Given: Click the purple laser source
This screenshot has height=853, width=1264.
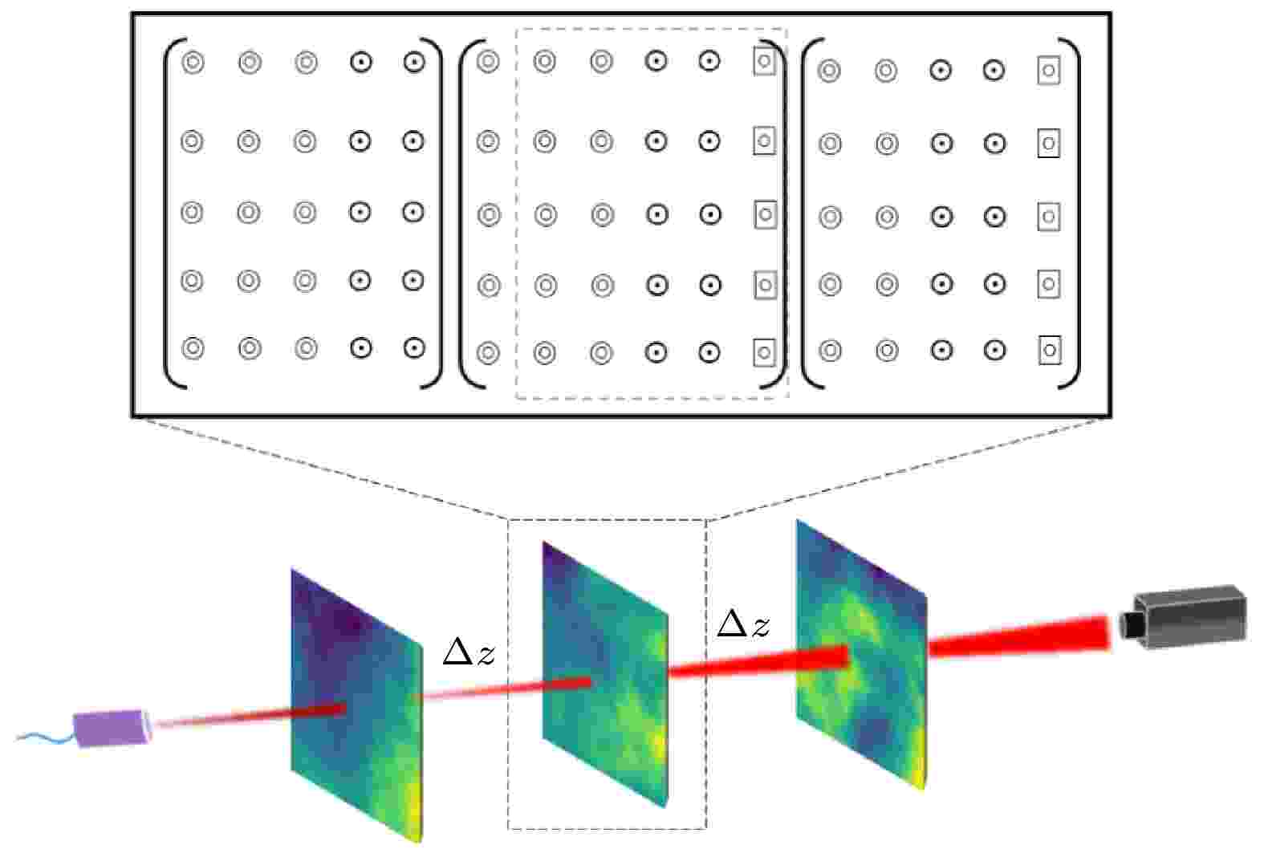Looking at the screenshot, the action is (112, 728).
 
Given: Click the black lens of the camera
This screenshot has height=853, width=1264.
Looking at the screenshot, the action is (1128, 625).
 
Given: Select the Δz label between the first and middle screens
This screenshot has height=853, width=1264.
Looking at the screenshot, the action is (469, 652).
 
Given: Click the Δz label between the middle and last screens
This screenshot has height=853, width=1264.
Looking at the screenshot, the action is (742, 624).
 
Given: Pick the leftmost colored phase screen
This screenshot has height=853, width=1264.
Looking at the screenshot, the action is (356, 705).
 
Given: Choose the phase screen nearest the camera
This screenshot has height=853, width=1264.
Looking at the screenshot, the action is (861, 655).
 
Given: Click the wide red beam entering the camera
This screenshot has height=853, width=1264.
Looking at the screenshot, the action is (1019, 637).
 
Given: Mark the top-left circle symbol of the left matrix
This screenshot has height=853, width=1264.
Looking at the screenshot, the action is (193, 62).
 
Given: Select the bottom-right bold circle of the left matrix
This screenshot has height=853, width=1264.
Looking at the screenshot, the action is (414, 348).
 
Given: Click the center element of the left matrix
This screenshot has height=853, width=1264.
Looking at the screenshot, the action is (305, 213).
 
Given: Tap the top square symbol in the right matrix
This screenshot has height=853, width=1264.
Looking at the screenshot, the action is (1049, 71).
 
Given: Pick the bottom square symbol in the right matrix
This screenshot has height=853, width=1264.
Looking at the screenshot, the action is (1050, 351).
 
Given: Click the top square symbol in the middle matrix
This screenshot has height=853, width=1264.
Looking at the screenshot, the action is (765, 61).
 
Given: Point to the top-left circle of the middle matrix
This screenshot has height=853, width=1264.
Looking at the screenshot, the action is (488, 61).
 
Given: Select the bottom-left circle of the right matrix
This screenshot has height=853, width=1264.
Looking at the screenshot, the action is (830, 351).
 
